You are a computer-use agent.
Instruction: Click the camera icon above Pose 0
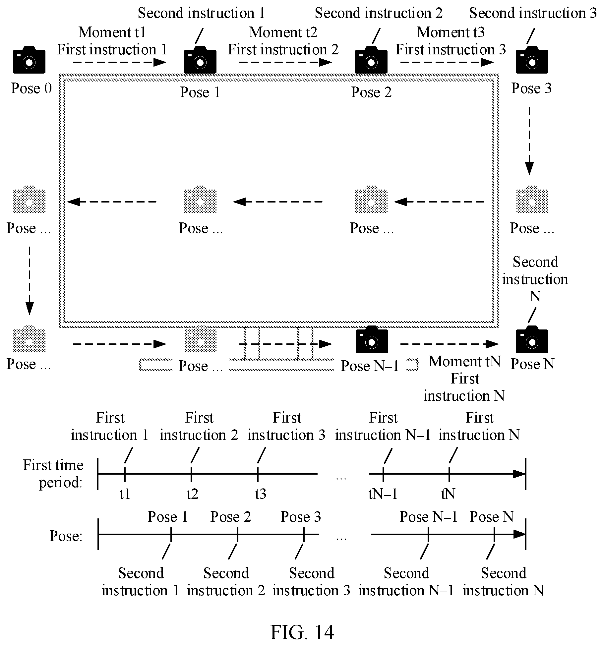tap(29, 60)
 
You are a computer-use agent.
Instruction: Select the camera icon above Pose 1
tap(200, 60)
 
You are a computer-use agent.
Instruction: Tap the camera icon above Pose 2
tap(371, 60)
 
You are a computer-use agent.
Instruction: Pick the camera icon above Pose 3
tap(532, 60)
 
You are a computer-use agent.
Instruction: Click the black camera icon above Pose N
tap(532, 339)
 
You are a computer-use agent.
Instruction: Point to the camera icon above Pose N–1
tap(372, 339)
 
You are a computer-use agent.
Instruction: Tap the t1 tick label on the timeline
tap(125, 494)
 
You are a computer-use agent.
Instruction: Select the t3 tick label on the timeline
tap(261, 494)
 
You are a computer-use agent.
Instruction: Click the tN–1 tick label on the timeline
tap(383, 494)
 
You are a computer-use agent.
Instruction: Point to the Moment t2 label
tap(283, 32)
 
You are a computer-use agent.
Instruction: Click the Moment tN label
tap(464, 361)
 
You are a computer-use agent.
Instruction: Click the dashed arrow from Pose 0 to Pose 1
tap(119, 62)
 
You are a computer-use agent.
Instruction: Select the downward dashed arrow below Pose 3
tap(529, 141)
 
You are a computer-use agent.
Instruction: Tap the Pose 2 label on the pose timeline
tap(231, 517)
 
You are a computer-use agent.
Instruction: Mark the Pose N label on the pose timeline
tap(492, 517)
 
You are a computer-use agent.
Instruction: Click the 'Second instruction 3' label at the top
tap(533, 13)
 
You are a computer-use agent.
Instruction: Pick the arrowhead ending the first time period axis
tap(519, 474)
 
